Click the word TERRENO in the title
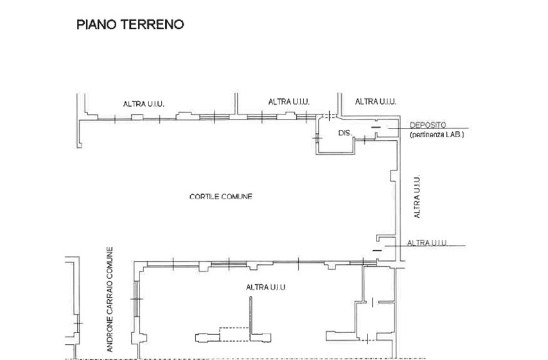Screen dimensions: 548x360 point(152,24)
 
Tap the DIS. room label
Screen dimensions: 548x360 point(345,133)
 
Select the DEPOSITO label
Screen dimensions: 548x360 point(428,125)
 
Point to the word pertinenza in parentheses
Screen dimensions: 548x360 point(427,135)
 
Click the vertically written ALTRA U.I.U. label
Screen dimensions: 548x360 point(417,197)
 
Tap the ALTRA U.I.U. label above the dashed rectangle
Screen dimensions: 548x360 point(266,287)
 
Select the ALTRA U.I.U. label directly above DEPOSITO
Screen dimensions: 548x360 point(376,102)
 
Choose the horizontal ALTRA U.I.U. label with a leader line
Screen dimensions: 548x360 point(427,242)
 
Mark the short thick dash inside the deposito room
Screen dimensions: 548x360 point(375,127)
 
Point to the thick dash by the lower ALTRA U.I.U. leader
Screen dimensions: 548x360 point(377,251)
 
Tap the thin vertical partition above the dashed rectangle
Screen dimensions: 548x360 point(251,319)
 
